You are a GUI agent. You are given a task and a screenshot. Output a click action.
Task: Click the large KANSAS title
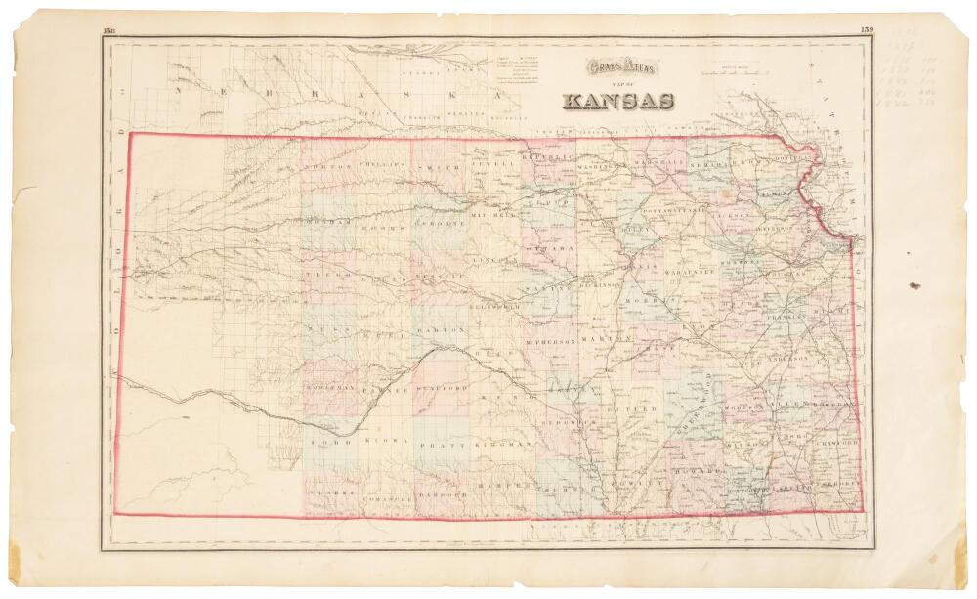(x=617, y=100)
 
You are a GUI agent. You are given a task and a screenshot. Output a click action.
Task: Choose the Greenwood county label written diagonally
(x=697, y=407)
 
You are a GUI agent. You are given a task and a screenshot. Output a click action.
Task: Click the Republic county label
(x=545, y=157)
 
